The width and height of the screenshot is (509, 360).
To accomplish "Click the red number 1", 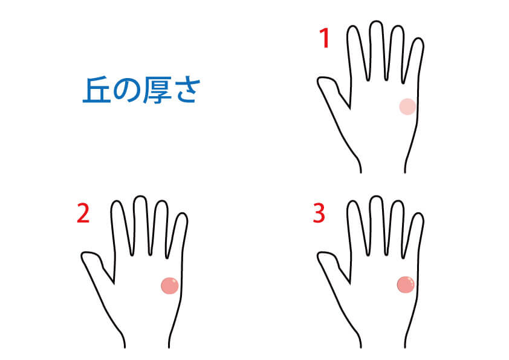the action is (x=325, y=38).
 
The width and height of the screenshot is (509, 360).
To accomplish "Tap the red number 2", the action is (x=83, y=213).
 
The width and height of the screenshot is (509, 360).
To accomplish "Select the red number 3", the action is (x=319, y=213).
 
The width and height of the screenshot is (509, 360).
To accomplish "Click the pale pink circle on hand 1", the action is (x=407, y=106).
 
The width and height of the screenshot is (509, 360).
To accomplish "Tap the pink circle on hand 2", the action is (x=170, y=286).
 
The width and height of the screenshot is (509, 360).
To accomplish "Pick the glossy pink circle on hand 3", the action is (x=406, y=284).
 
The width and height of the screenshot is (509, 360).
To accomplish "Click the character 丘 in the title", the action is (x=96, y=90).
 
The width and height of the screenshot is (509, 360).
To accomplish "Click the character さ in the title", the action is (x=186, y=91).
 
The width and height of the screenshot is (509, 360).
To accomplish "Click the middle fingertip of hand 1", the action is (x=376, y=22).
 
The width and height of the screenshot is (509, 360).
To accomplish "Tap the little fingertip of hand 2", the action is (x=183, y=214).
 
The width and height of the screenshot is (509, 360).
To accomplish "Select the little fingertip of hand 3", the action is (x=419, y=214).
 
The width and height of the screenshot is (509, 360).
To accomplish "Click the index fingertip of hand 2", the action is (x=117, y=201).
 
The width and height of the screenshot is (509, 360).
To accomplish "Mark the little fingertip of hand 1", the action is (x=419, y=38).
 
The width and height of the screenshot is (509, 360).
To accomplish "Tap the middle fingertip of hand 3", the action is (x=376, y=197).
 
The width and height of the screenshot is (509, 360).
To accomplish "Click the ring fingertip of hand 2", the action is (x=161, y=201).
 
